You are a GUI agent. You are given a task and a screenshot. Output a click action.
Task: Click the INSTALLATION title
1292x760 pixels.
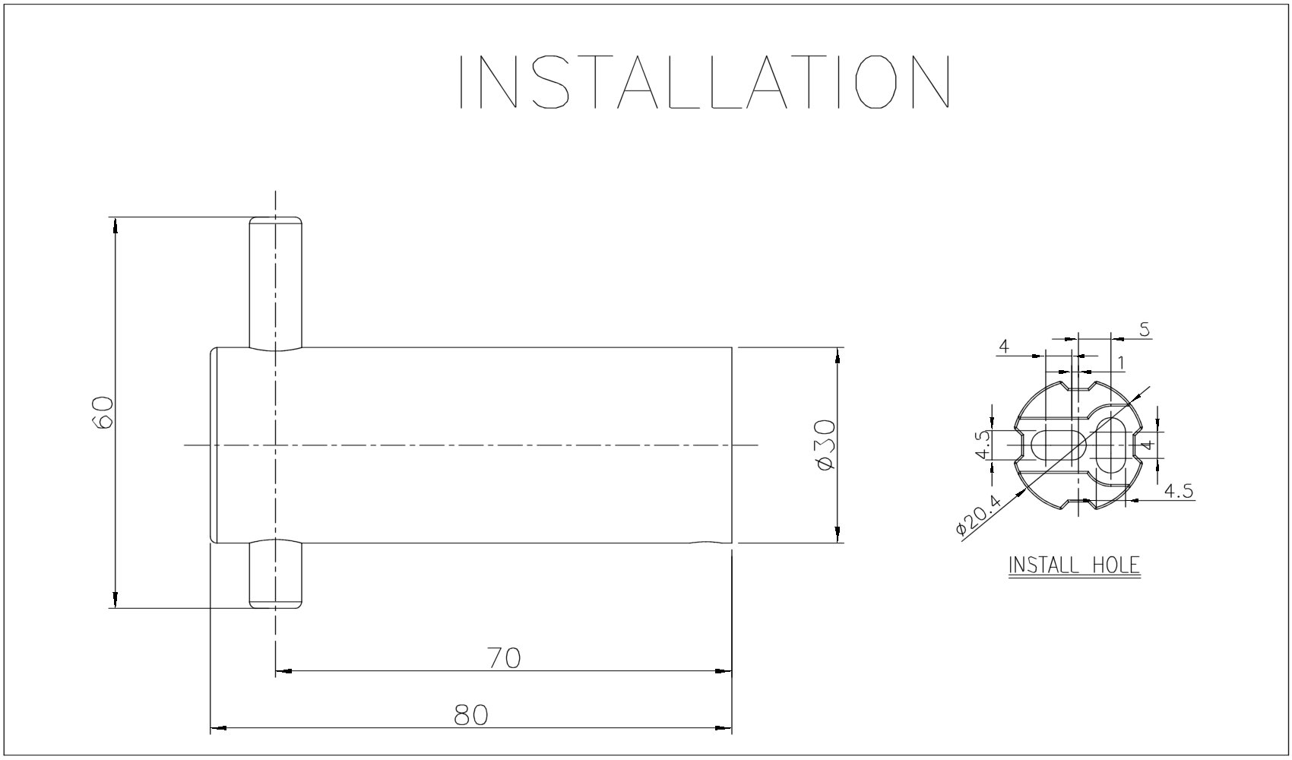pyautogui.click(x=705, y=81)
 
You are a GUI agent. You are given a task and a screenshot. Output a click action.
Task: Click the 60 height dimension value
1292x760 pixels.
pyautogui.click(x=103, y=413)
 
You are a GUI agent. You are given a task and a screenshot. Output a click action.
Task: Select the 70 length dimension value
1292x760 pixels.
pyautogui.click(x=504, y=658)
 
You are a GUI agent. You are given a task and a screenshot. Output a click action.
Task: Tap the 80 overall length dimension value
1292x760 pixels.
pyautogui.click(x=470, y=715)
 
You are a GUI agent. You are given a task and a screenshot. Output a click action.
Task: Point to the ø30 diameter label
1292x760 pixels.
pyautogui.click(x=826, y=445)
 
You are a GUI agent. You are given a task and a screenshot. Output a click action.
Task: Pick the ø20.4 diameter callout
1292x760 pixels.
pyautogui.click(x=980, y=515)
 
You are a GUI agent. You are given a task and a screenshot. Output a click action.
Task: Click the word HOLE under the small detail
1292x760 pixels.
pyautogui.click(x=1116, y=565)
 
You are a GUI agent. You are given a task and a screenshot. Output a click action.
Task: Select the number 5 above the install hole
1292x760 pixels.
pyautogui.click(x=1145, y=330)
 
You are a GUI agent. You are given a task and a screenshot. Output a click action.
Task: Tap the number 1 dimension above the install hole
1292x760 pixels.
pyautogui.click(x=1121, y=363)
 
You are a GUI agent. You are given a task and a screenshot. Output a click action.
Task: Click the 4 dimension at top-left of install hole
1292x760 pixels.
pyautogui.click(x=1004, y=347)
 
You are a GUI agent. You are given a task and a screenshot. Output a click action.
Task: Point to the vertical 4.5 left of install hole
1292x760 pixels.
pyautogui.click(x=983, y=445)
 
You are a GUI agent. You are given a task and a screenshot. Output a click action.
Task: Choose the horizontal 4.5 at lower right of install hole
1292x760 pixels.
pyautogui.click(x=1178, y=491)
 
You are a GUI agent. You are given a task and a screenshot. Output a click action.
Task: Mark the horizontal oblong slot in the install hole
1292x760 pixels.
pyautogui.click(x=1059, y=445)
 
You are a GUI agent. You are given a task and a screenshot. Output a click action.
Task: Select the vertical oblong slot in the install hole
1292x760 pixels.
pyautogui.click(x=1110, y=445)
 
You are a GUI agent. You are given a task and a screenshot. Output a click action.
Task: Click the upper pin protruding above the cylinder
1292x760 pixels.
pyautogui.click(x=275, y=283)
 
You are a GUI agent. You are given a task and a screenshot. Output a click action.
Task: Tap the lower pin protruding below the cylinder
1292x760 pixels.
pyautogui.click(x=275, y=574)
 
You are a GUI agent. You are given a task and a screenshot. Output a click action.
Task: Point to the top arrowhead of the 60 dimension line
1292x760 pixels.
pyautogui.click(x=116, y=226)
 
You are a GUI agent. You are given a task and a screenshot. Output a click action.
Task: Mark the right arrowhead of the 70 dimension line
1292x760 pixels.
pyautogui.click(x=724, y=670)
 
